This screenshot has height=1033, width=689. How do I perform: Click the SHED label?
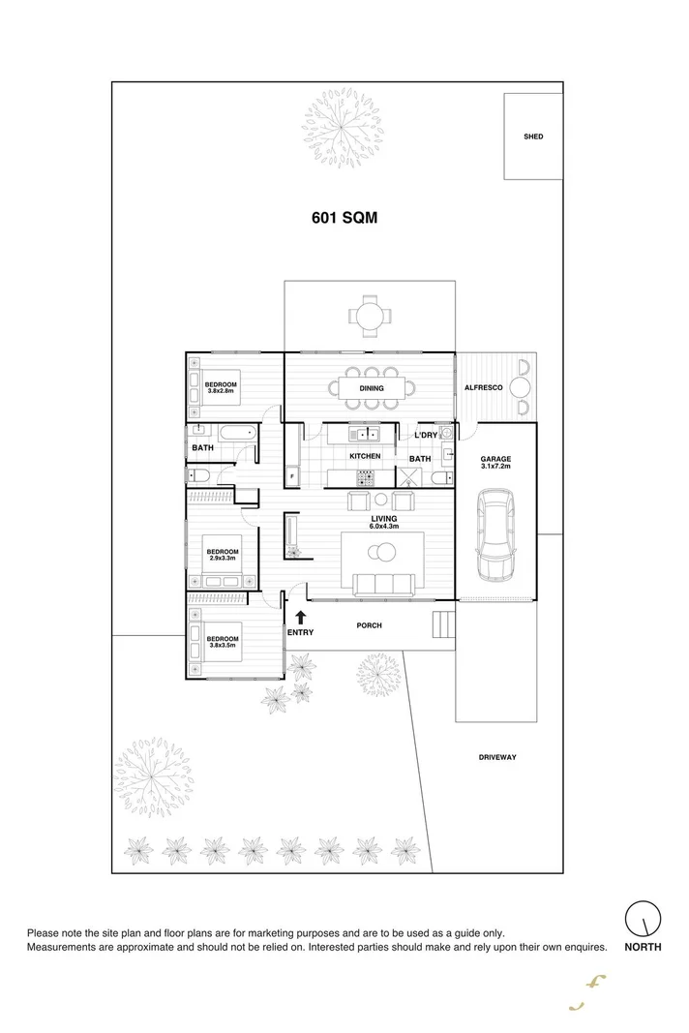(x=533, y=137)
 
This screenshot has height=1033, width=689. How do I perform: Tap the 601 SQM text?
(x=344, y=218)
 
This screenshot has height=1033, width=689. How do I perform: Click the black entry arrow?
(x=300, y=616)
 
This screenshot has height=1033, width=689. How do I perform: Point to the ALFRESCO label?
(x=483, y=387)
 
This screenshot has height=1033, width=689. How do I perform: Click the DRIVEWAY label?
(x=496, y=757)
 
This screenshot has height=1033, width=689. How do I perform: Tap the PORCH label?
(x=369, y=625)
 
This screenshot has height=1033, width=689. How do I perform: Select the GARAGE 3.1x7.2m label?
(x=495, y=463)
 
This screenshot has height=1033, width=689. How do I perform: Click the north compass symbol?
(x=643, y=917)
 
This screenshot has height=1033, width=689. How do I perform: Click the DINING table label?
(x=372, y=388)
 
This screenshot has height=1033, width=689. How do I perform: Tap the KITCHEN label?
(x=365, y=455)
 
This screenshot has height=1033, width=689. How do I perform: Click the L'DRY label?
(x=426, y=435)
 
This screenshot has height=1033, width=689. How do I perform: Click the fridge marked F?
(x=291, y=476)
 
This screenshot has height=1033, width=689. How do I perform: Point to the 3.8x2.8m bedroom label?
(x=221, y=387)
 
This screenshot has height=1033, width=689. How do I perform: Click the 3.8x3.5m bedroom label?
(x=223, y=641)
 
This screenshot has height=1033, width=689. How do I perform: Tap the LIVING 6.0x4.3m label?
(x=384, y=522)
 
